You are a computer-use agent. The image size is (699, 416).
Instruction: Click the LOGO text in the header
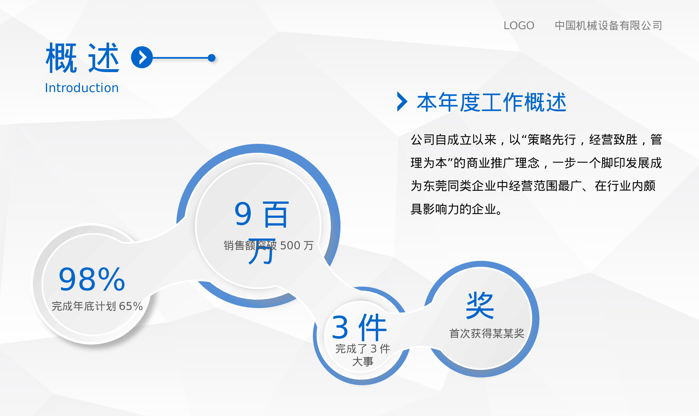[519, 26]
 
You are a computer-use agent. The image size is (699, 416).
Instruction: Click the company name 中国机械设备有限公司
[608, 26]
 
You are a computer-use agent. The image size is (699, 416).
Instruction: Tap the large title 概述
[82, 58]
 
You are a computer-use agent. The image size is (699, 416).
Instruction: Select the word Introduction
[82, 88]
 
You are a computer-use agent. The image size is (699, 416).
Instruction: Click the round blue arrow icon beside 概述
[142, 57]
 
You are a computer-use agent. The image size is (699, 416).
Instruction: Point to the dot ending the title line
[212, 58]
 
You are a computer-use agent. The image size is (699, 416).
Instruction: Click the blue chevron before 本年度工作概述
[402, 102]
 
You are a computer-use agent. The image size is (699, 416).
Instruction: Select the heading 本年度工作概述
[492, 102]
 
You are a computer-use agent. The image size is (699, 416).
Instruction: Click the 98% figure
[92, 280]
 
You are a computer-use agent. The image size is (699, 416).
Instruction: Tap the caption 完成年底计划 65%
[97, 306]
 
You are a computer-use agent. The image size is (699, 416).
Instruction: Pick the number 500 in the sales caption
[290, 246]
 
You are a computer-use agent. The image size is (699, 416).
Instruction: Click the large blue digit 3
[340, 328]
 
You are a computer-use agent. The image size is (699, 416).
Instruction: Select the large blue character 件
[372, 328]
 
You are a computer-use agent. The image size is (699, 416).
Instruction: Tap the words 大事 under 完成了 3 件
[362, 362]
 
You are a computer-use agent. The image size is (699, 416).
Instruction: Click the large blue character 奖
[480, 305]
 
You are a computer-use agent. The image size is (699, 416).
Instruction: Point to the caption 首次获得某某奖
[487, 334]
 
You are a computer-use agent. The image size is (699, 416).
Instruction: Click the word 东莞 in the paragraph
[435, 186]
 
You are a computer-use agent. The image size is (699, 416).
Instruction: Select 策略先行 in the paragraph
[551, 140]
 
